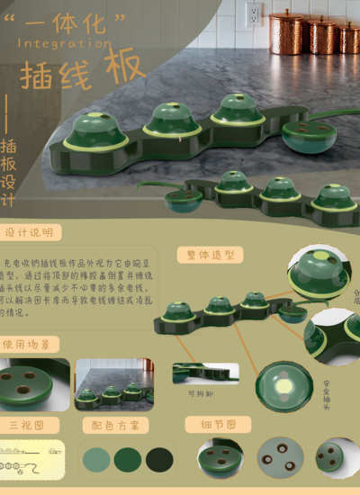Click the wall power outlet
click(x=253, y=13)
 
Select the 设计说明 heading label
click(x=30, y=232)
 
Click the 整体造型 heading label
click(x=209, y=255)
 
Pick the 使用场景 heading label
click(x=30, y=344)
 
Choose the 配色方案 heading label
click(x=111, y=425)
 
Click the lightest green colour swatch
click(x=96, y=460)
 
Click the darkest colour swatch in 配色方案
click(x=159, y=460)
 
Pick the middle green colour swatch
click(x=128, y=460)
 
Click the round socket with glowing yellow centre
click(x=283, y=386)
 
